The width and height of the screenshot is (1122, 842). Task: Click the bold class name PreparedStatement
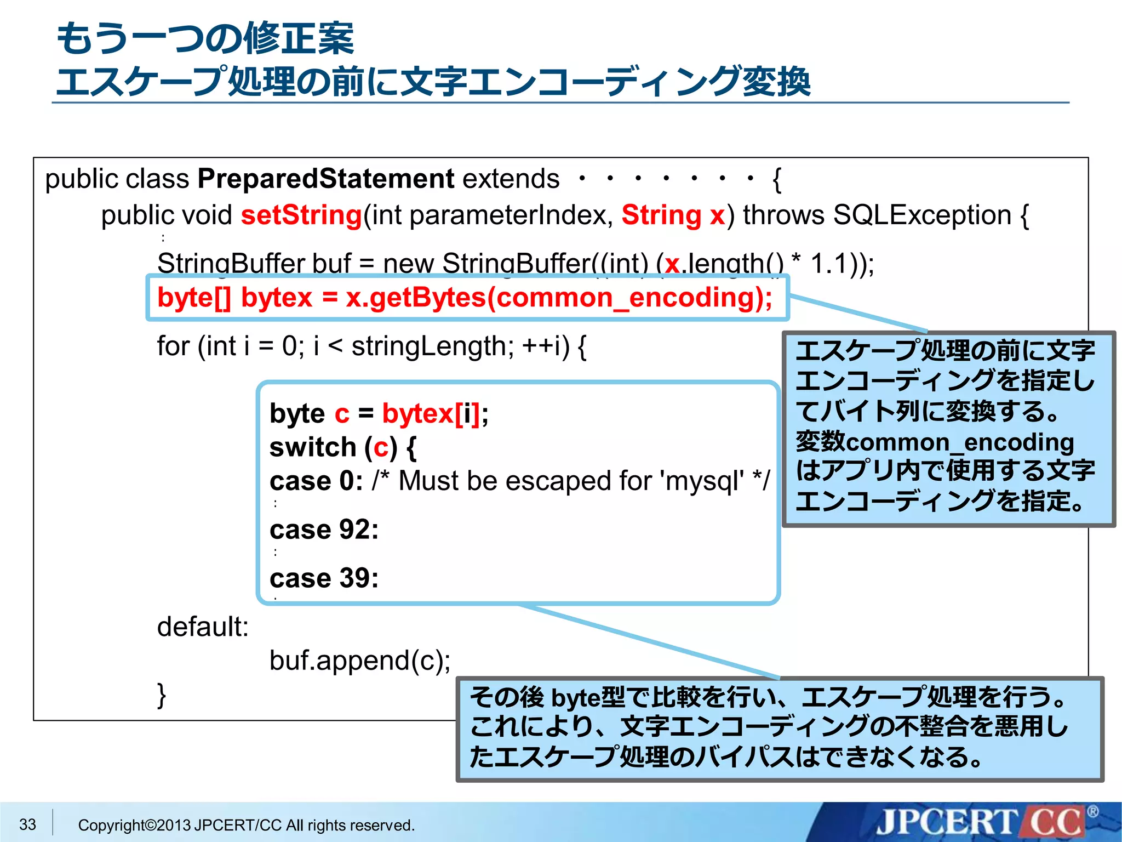[x=325, y=179]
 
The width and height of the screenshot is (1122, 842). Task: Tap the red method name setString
[x=301, y=215]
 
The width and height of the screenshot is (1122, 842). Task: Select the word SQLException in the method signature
[x=922, y=215]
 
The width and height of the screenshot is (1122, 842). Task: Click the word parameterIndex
[x=511, y=215]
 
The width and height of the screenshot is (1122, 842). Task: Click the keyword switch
[x=313, y=447]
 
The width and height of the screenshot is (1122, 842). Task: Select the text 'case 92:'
[x=324, y=530]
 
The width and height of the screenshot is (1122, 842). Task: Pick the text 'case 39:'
[x=324, y=578]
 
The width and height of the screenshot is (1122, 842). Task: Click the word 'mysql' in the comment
[x=702, y=481]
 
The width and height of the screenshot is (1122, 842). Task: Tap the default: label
[x=203, y=627]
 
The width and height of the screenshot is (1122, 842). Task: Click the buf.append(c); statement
[x=360, y=661]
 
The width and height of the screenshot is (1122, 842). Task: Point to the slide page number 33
[x=27, y=824]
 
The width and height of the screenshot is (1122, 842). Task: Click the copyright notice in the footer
[x=246, y=825]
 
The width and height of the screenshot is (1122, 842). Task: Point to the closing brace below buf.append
[x=162, y=695]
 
